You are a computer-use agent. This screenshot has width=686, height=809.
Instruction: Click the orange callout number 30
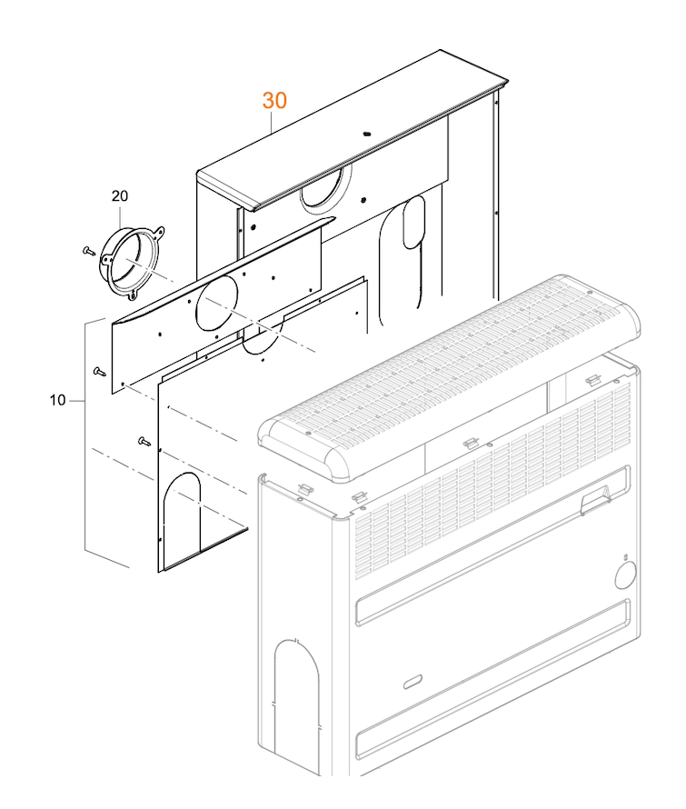coord(274,100)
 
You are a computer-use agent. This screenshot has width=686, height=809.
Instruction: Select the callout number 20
coord(120,196)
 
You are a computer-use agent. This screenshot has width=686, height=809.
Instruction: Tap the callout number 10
coord(58,399)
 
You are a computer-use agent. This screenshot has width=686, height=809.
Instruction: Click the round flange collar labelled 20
coord(131,261)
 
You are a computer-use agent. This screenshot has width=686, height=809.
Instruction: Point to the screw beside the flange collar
coord(89,248)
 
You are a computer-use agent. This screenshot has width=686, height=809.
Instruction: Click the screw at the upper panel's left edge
coord(98,371)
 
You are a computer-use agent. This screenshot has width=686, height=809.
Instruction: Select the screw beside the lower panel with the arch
coord(144,441)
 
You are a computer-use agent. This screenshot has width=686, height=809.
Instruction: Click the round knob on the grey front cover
coord(626,576)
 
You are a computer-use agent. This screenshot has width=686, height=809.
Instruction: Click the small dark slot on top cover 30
coord(367,134)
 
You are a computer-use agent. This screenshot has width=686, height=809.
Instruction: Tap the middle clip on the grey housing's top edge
coord(471,443)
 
